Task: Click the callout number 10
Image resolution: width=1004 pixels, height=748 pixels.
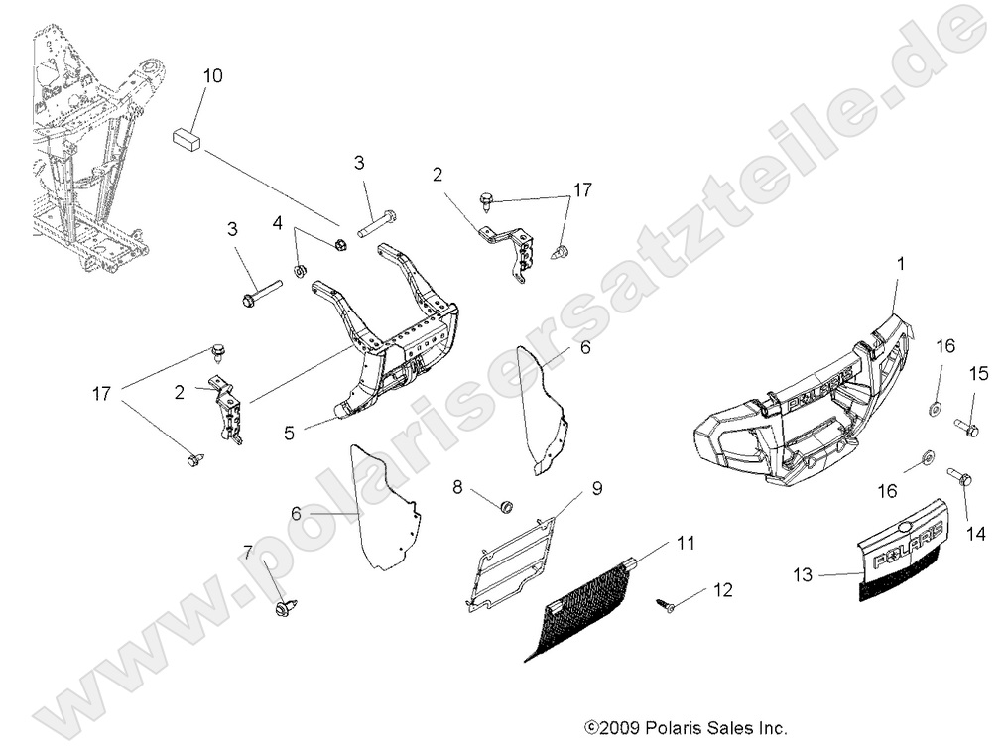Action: (x=213, y=75)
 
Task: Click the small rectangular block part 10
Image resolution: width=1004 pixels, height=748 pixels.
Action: (x=187, y=137)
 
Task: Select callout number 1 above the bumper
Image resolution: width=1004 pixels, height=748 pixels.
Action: (x=901, y=264)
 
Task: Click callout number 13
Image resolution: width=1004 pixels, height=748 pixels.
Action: (x=805, y=572)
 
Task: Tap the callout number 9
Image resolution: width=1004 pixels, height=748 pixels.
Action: (x=597, y=487)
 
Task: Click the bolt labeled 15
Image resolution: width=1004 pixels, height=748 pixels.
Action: (x=968, y=429)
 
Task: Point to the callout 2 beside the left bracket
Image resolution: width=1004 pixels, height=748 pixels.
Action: (x=180, y=392)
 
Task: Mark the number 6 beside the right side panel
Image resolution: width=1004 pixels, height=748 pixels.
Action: (x=585, y=347)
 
